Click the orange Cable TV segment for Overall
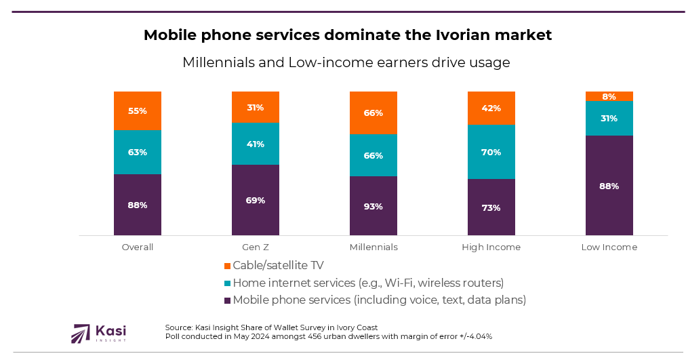pyautogui.click(x=138, y=111)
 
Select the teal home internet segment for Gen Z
pyautogui.click(x=255, y=144)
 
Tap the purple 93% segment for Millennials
pyautogui.click(x=373, y=206)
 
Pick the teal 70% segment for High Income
pyautogui.click(x=491, y=152)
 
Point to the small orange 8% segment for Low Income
pyautogui.click(x=609, y=96)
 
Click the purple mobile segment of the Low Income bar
pyautogui.click(x=609, y=186)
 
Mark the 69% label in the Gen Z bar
pyautogui.click(x=255, y=200)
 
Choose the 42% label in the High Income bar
pyautogui.click(x=491, y=108)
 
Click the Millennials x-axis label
pyautogui.click(x=374, y=247)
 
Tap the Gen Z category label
pyautogui.click(x=255, y=247)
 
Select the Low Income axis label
pyautogui.click(x=609, y=247)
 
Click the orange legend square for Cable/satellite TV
pyautogui.click(x=227, y=265)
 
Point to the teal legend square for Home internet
pyautogui.click(x=227, y=283)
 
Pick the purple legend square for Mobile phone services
pyautogui.click(x=227, y=300)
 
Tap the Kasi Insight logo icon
pyautogui.click(x=81, y=333)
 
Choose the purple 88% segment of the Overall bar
pyautogui.click(x=138, y=205)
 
